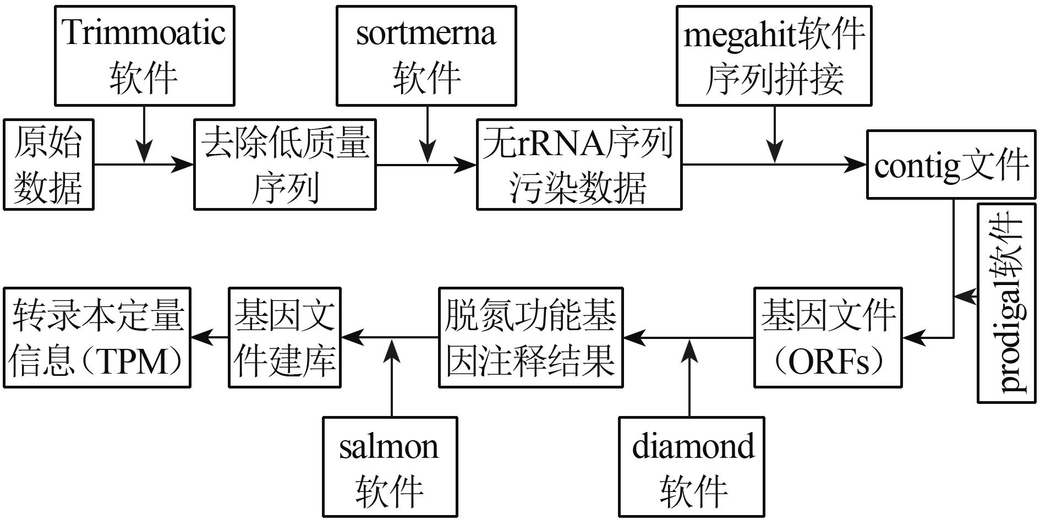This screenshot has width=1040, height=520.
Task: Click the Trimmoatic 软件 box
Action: [144, 56]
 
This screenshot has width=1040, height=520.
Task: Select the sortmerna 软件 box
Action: [426, 56]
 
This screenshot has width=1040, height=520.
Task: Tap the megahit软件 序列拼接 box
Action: [773, 56]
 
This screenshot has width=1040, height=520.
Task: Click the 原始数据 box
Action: [48, 165]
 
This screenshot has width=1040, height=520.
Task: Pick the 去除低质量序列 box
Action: [284, 165]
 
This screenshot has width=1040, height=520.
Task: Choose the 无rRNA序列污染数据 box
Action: [579, 165]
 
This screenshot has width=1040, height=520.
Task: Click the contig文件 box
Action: [950, 165]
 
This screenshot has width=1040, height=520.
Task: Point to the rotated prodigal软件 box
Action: [1006, 303]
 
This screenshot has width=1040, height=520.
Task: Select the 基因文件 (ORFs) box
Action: [828, 337]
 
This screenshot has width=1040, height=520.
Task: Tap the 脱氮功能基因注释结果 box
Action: [530, 337]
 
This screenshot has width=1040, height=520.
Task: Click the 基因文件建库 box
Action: [284, 337]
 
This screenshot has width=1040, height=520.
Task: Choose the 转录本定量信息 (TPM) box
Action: [97, 337]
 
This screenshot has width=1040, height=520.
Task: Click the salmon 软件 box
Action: [390, 467]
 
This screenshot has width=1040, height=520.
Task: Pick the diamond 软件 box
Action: [692, 467]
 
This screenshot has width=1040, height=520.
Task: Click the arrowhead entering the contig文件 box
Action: [856, 165]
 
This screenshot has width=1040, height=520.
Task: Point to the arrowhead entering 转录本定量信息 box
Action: [201, 337]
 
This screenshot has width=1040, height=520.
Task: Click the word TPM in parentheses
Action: [134, 362]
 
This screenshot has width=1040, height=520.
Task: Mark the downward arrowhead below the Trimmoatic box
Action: [144, 152]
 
